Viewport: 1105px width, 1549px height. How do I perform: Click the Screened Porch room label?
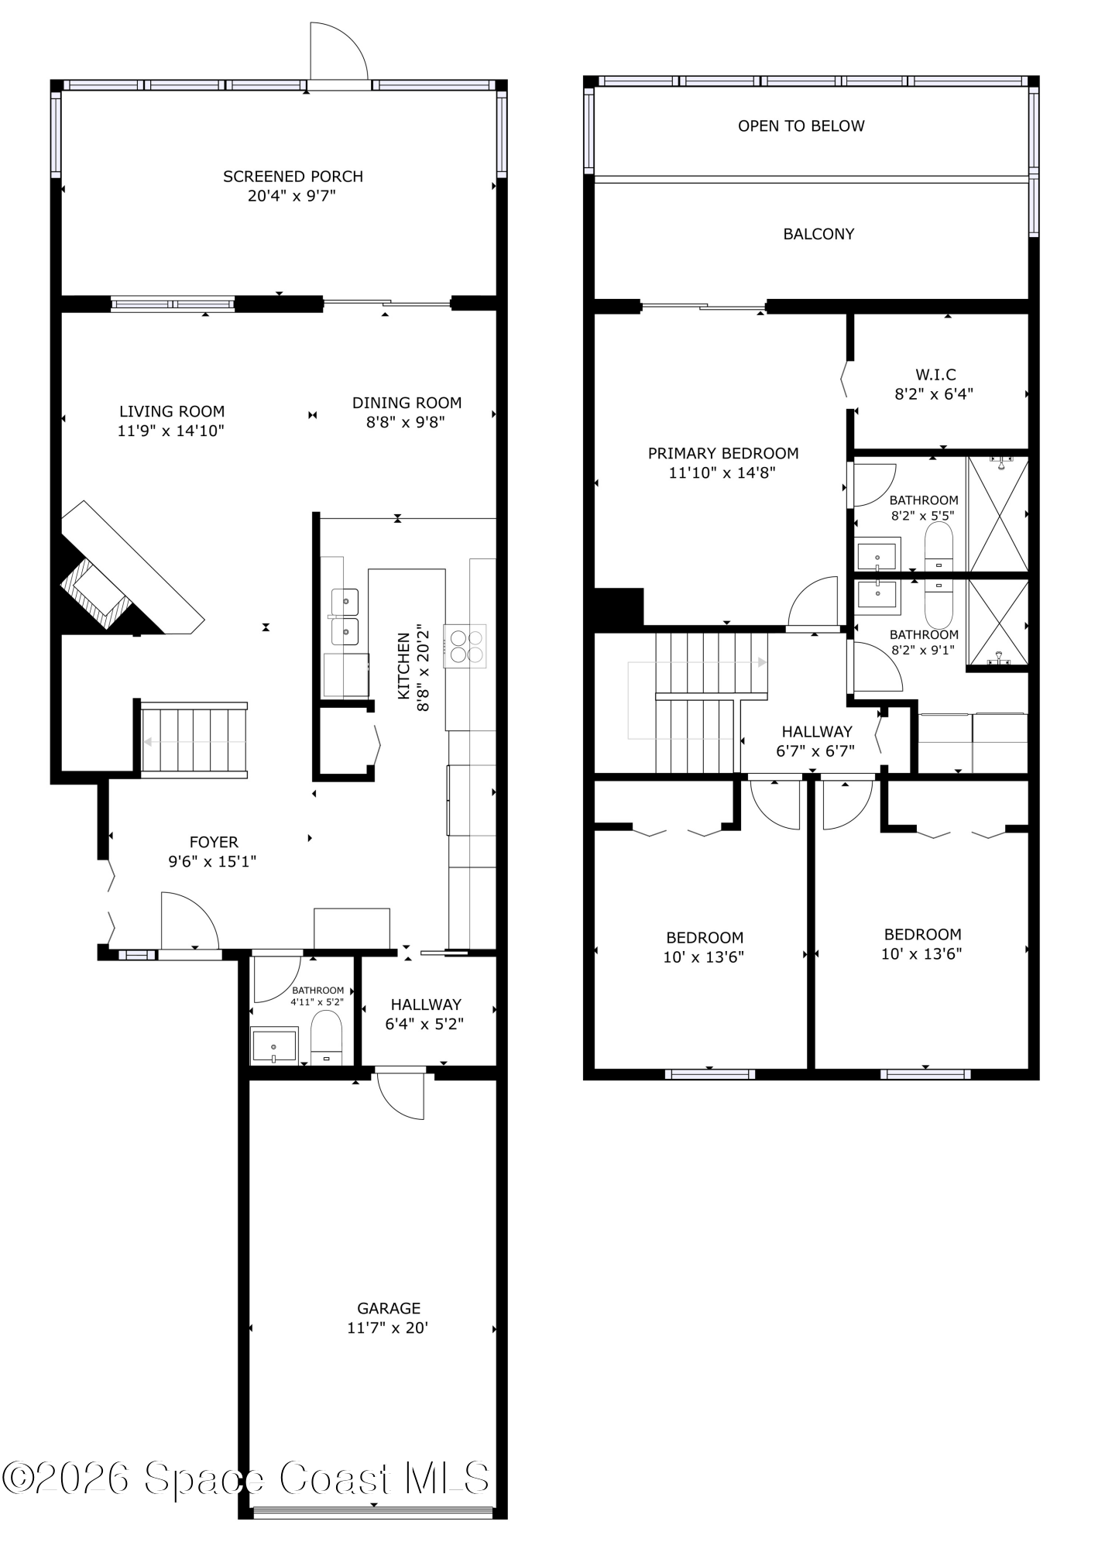click(x=293, y=177)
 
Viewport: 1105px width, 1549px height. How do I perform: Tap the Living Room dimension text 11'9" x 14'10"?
click(x=170, y=431)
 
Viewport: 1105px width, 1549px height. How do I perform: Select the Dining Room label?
click(x=407, y=403)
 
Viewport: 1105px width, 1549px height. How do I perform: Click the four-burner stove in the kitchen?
click(x=465, y=646)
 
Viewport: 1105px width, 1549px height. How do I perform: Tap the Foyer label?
click(x=214, y=842)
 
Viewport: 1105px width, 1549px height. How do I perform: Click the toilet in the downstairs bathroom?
click(x=327, y=1038)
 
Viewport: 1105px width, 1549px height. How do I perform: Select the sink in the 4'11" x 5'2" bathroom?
click(x=274, y=1045)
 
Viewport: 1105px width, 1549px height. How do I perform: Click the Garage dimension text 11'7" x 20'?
click(x=388, y=1327)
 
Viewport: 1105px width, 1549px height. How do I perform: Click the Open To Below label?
click(x=801, y=126)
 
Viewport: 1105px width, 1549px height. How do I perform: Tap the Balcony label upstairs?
click(x=818, y=234)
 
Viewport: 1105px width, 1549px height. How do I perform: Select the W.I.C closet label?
click(x=936, y=375)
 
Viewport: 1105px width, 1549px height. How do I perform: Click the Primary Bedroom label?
click(x=722, y=453)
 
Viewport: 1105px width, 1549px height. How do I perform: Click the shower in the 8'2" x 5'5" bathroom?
click(x=997, y=514)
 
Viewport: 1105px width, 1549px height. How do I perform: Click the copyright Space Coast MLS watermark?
click(x=246, y=1478)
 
